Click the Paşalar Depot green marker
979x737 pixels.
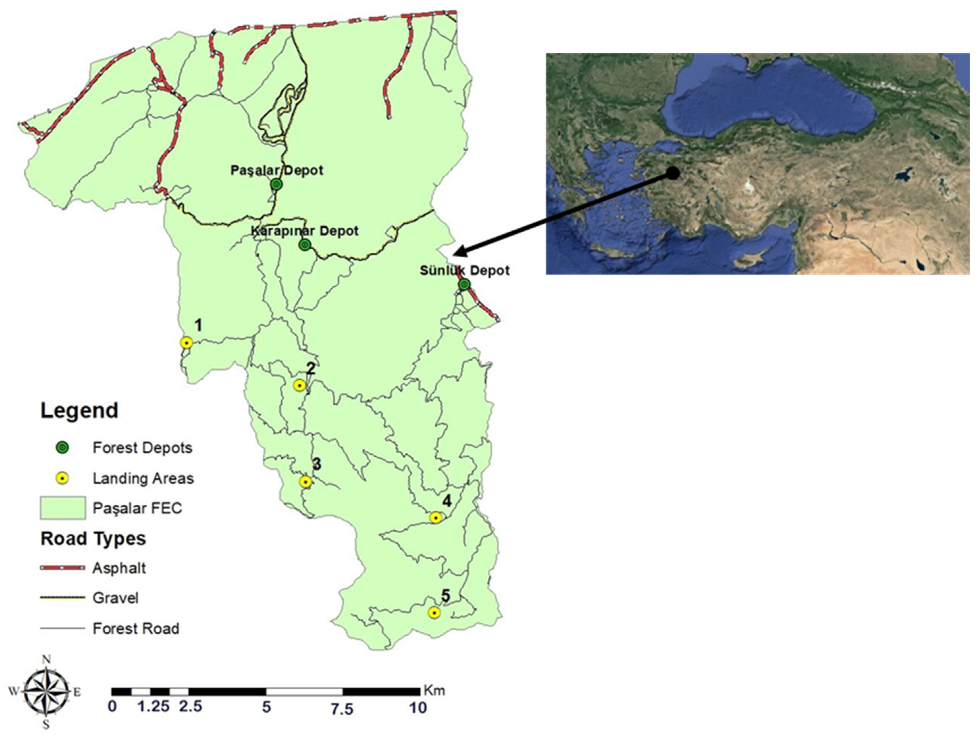point(276,185)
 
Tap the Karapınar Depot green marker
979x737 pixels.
point(304,245)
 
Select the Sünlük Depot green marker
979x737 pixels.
point(464,285)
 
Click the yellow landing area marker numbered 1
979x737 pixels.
point(186,343)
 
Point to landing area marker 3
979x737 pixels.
point(305,482)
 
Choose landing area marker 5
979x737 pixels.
point(434,612)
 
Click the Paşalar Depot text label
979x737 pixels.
point(277,170)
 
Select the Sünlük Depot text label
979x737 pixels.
point(464,270)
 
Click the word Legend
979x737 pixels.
point(79,411)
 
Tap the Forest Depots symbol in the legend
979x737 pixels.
point(63,448)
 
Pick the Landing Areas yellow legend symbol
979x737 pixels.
point(63,478)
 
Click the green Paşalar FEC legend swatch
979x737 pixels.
point(63,508)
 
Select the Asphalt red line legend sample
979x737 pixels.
point(63,568)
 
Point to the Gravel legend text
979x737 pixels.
point(115,598)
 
